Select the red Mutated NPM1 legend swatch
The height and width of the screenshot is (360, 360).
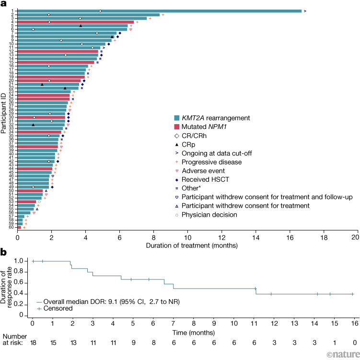[176, 127]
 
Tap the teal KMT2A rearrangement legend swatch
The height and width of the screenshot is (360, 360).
[176, 117]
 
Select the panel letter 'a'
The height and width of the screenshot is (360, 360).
[4, 4]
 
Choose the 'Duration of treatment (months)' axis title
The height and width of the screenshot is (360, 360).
[188, 244]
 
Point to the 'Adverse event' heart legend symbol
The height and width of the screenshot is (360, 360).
[176, 171]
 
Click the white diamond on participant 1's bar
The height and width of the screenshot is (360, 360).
[100, 11]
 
